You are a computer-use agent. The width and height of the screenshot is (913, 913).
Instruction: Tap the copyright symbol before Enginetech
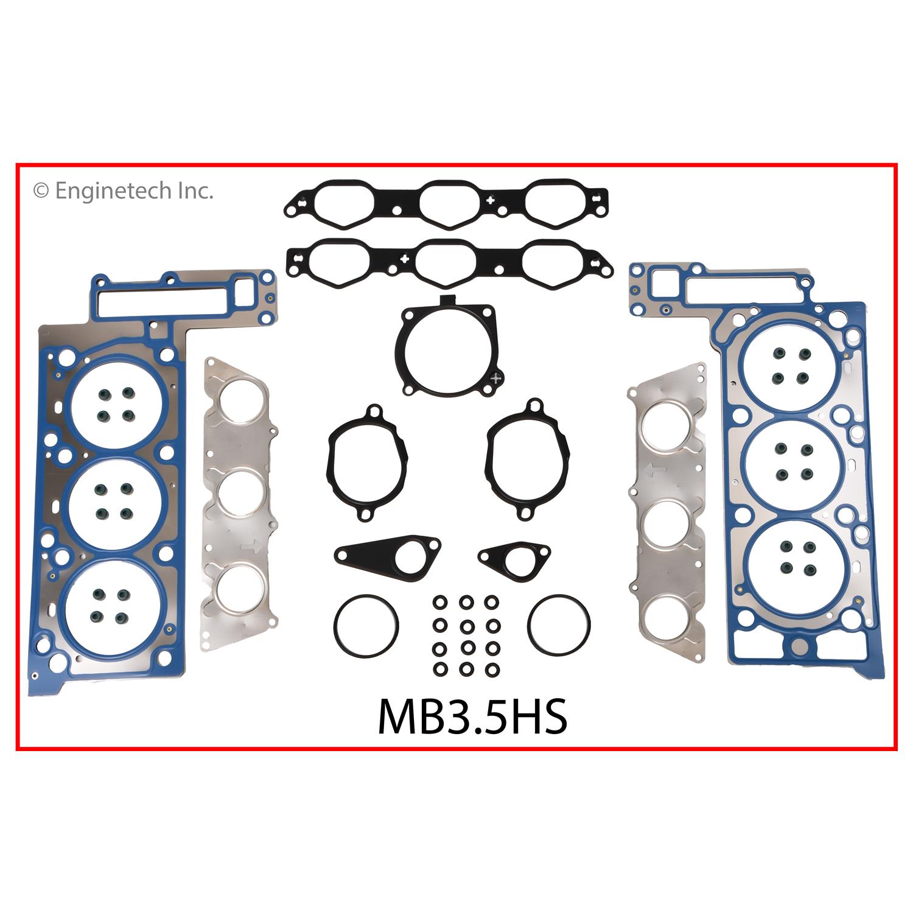41,192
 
